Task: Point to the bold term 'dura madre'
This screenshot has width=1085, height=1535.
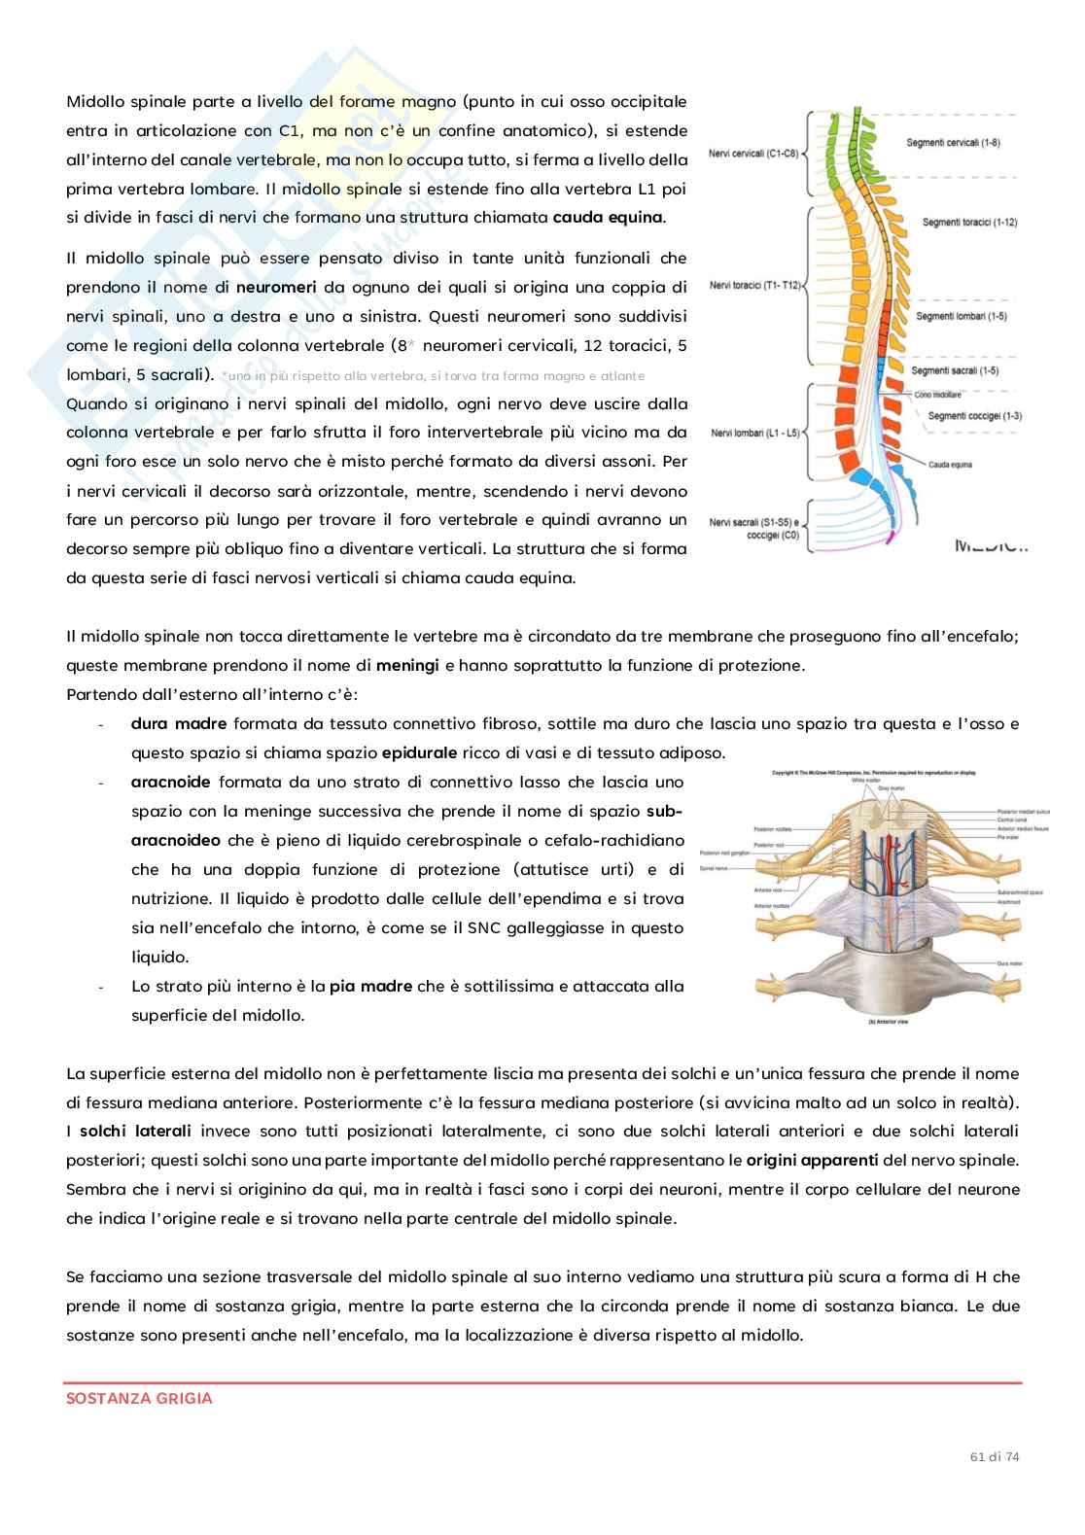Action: point(178,723)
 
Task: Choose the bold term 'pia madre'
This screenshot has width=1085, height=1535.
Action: point(369,986)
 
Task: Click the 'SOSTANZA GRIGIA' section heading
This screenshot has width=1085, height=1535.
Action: point(139,1399)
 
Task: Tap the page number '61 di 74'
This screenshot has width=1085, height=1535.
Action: point(995,1455)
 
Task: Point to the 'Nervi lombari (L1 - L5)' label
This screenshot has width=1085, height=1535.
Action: point(753,432)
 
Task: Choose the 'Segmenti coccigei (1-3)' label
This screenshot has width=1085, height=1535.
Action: point(974,416)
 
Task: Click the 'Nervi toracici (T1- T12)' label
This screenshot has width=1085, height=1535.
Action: point(754,285)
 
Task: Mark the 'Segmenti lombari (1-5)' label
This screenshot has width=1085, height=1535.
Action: point(961,316)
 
